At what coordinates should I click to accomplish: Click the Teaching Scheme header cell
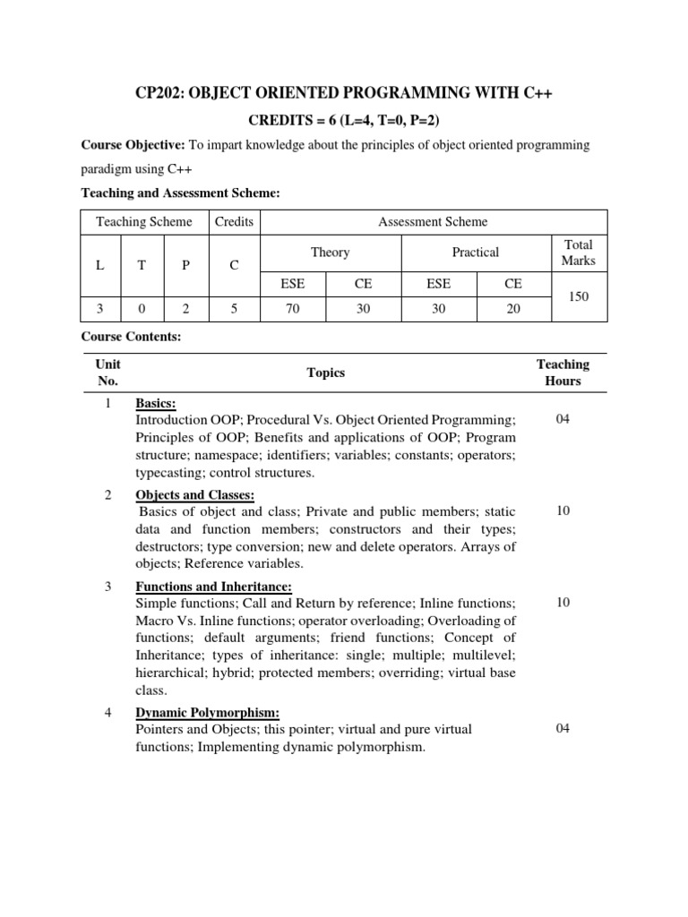[144, 222]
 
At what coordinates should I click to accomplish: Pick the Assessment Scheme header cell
[433, 222]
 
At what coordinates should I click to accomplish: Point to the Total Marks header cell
[578, 253]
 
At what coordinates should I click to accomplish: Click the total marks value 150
[578, 296]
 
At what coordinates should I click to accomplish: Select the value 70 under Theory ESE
[293, 308]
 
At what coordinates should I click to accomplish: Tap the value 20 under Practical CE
[512, 308]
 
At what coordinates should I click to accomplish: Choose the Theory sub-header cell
[330, 253]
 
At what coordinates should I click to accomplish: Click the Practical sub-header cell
[475, 253]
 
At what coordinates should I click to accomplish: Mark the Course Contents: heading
[131, 337]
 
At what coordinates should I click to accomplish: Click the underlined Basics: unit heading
[155, 404]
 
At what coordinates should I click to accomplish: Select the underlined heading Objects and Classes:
[194, 495]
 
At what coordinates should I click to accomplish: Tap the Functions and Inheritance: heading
[213, 587]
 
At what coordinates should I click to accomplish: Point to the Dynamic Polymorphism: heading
[207, 713]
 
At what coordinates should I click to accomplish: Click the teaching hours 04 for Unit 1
[563, 419]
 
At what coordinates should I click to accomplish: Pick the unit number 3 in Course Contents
[107, 587]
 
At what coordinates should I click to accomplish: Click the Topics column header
[325, 373]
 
